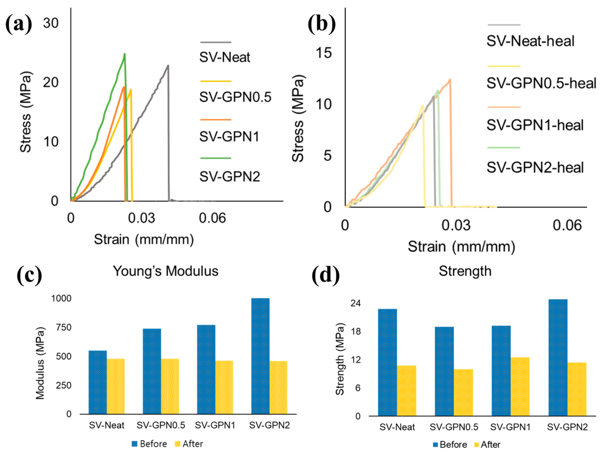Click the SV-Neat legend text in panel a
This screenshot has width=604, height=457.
point(224,57)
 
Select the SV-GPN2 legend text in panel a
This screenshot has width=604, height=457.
point(229,177)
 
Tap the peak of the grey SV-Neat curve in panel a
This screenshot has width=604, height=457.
point(168,66)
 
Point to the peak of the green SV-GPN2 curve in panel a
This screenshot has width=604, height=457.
point(125,54)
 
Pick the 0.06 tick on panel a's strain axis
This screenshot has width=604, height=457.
point(212,218)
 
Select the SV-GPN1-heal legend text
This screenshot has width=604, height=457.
point(535,125)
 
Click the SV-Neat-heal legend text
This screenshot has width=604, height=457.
point(530,41)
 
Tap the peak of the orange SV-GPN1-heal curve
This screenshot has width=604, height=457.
point(450,80)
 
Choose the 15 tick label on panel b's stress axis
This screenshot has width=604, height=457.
point(324,53)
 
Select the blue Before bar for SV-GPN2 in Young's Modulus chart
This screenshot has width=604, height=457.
point(260,356)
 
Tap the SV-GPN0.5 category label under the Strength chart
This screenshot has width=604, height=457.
point(454,427)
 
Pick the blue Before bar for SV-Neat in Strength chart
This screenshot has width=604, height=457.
point(387,362)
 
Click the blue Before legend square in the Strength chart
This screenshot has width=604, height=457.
point(436,444)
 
